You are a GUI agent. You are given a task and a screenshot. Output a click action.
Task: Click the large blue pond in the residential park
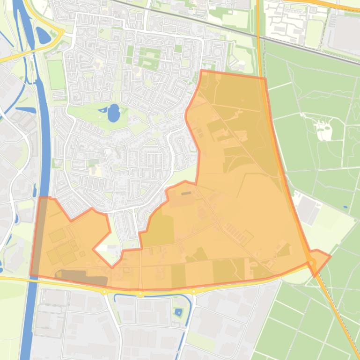pos(114,113)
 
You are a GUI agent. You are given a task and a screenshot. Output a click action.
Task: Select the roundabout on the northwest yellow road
pos(60,33)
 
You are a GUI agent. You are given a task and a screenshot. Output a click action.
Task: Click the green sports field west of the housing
pos(57,74)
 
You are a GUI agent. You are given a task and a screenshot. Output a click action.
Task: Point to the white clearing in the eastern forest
pos(323,129)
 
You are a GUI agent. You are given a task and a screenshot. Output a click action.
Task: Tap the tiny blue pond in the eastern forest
pos(345,207)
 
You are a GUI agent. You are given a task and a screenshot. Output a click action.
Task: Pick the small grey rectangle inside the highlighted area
pos(186,193)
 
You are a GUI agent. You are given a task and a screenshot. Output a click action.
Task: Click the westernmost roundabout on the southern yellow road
pos(104,291)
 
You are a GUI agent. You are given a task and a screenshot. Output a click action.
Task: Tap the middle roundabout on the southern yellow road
pos(140,294)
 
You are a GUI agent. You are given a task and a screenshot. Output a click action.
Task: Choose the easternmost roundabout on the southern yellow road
pos(193,292)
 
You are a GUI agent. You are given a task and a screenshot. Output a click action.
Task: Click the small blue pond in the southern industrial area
pos(178,311)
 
